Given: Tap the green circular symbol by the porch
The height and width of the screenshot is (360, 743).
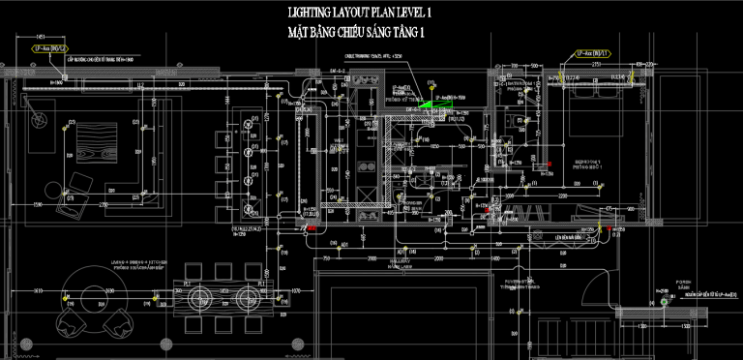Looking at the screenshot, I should pyautogui.click(x=664, y=300).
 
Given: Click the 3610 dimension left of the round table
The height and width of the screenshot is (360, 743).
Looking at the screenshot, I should pyautogui.click(x=37, y=291).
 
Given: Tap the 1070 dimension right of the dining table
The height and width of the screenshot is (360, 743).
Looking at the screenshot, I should pyautogui.click(x=297, y=291).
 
